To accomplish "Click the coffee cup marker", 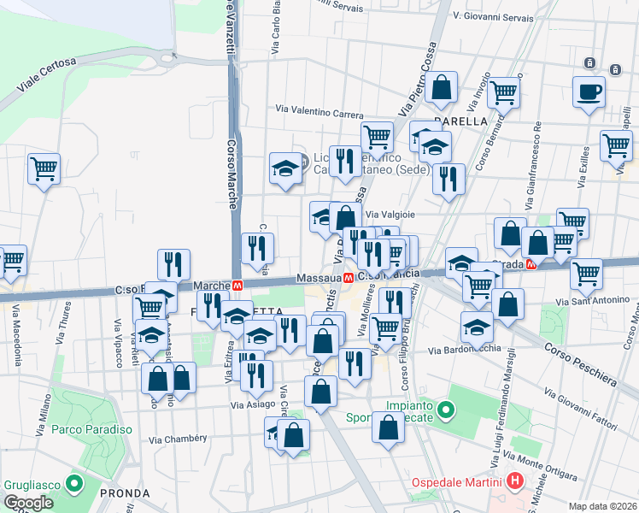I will pos(589,92).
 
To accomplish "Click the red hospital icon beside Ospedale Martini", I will pos(514,481).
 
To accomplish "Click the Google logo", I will pos(28,503).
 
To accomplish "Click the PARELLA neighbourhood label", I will pos(460,121).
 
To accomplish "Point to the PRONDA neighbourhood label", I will pos(125,493).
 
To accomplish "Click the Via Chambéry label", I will pos(179,439).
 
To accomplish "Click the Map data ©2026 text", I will pos(602,506).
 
